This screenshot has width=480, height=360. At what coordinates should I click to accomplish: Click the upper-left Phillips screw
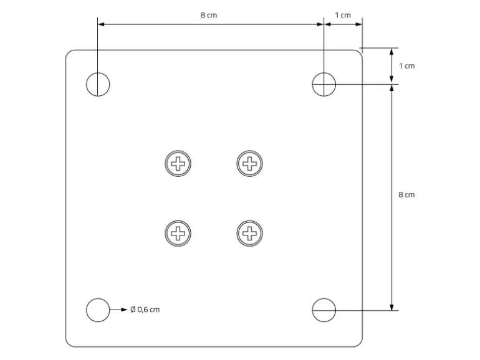[x=178, y=163]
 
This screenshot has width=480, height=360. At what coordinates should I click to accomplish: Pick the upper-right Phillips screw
[x=249, y=163]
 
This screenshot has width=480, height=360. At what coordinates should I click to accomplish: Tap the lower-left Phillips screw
[x=178, y=234]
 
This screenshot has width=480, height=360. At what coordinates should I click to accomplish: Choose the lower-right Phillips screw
[x=249, y=234]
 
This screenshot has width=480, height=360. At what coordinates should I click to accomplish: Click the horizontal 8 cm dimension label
[x=209, y=15]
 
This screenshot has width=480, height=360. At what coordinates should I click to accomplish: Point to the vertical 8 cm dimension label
[x=406, y=194]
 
